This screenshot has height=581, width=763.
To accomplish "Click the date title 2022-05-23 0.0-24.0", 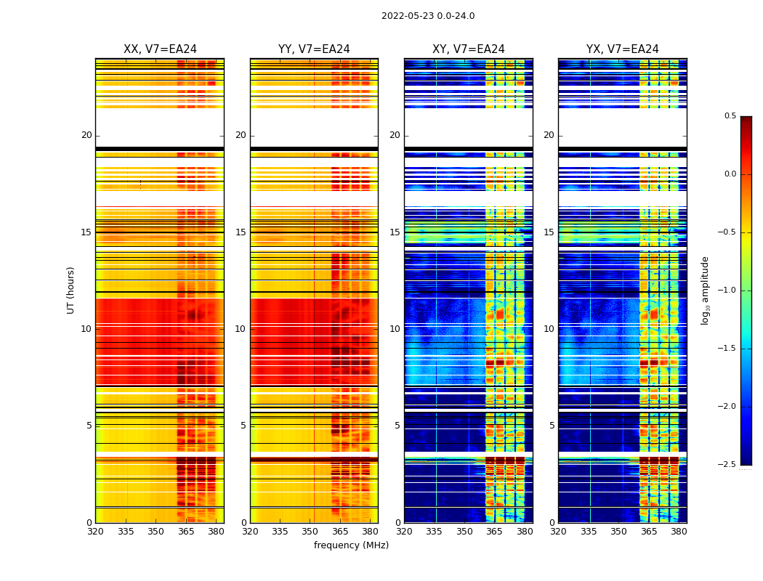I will click(428, 16).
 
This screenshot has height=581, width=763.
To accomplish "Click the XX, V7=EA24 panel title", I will click(160, 49).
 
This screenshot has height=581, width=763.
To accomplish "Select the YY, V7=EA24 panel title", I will click(314, 49).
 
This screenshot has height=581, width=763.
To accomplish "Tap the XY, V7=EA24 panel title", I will click(468, 49).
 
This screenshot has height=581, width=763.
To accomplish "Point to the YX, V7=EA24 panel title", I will click(622, 49).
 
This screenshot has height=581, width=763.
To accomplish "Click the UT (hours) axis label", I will click(71, 290).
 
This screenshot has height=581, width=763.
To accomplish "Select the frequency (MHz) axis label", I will click(351, 545).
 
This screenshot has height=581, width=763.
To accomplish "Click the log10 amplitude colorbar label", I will click(705, 290).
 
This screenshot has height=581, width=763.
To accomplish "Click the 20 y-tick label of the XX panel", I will click(86, 135).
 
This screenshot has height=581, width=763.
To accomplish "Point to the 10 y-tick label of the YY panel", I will click(241, 329).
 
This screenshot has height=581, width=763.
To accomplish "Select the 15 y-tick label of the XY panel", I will click(395, 232).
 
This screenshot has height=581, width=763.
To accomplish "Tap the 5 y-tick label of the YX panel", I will click(552, 426).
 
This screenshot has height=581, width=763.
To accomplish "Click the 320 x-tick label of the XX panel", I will click(95, 532).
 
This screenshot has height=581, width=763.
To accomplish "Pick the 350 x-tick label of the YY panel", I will click(310, 532).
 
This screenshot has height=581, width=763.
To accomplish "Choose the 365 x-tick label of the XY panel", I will click(494, 532).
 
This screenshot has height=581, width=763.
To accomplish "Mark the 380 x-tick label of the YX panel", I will click(679, 532).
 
